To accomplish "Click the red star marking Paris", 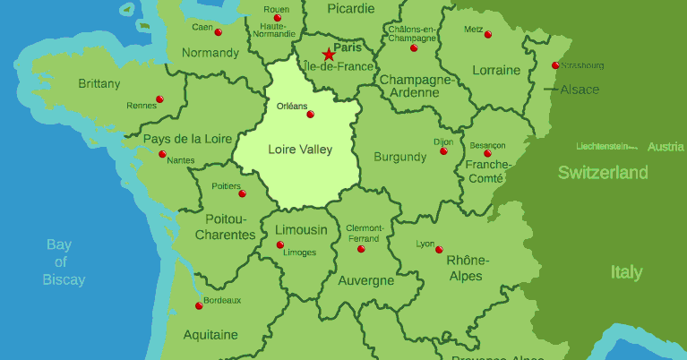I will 327,55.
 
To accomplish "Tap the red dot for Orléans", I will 311,115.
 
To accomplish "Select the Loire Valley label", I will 300,150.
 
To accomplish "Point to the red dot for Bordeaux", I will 199,306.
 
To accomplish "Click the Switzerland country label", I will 603,173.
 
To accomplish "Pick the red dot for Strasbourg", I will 555,65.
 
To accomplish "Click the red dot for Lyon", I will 439,249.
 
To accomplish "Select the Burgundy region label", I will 399,157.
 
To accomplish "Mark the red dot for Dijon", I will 443,151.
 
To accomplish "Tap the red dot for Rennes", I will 159,99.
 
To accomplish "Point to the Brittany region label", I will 99,84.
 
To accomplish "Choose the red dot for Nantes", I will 162,154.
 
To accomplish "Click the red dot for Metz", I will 488,35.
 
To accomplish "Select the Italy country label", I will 626,272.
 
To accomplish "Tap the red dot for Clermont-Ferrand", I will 362,249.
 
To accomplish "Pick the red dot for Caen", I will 219,32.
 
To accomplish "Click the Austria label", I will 666,147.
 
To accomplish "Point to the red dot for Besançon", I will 488,153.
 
